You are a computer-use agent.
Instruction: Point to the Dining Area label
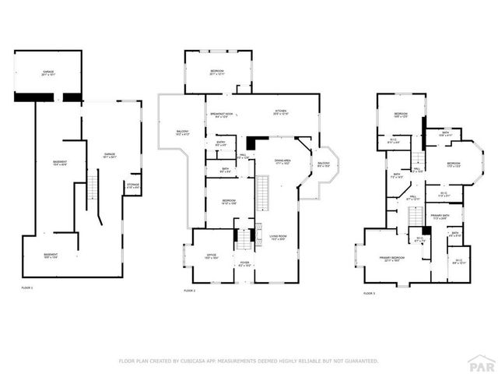(x=282, y=161)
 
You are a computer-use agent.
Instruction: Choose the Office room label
(x=211, y=256)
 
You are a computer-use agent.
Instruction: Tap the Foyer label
(x=244, y=263)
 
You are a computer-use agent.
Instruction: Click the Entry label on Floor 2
(x=220, y=143)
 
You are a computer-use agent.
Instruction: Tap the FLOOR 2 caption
(x=189, y=291)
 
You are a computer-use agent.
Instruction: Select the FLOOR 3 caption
(x=369, y=293)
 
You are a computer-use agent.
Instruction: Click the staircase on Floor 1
(x=93, y=187)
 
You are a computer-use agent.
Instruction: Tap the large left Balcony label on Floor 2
(x=182, y=132)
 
